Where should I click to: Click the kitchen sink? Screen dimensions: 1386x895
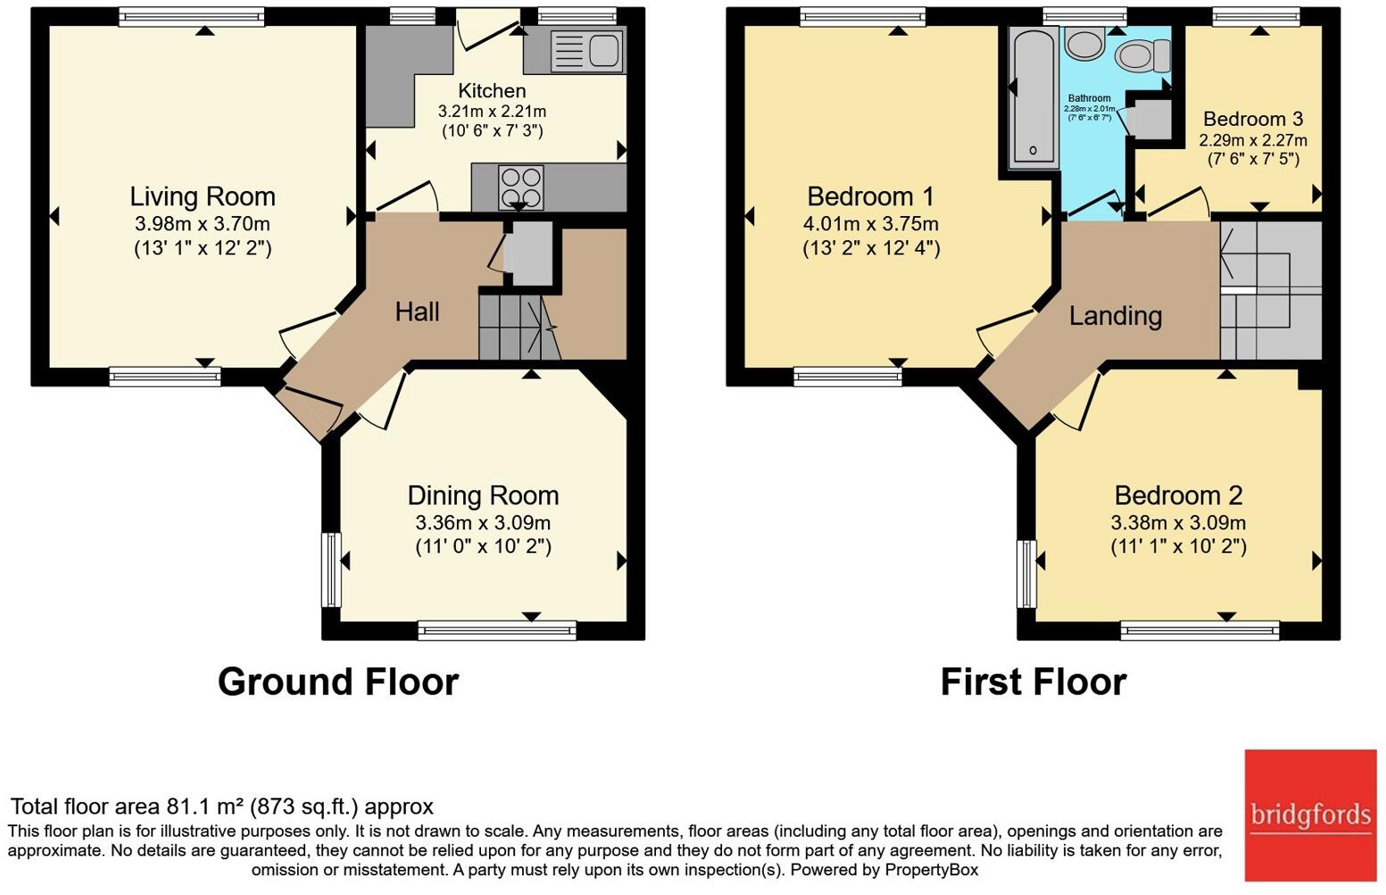click(586, 49)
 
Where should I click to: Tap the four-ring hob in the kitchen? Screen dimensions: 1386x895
click(521, 187)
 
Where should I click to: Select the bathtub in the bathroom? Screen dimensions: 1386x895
click(1033, 97)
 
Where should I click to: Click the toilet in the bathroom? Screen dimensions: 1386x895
click(1143, 55)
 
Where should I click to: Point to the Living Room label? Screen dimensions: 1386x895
click(203, 196)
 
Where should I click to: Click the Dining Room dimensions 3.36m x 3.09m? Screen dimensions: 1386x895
click(483, 523)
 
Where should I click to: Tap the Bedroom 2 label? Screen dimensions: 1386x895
click(1178, 495)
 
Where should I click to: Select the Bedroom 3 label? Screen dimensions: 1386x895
click(1253, 118)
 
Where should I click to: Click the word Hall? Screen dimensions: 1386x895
click(417, 311)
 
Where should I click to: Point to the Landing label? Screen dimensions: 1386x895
click(1116, 316)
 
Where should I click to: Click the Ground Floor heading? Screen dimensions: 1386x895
click(338, 682)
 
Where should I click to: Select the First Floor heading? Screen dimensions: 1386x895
click(1033, 682)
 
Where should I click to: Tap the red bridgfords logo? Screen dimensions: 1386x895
click(1310, 816)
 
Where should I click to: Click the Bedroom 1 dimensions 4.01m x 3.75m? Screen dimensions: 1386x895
click(870, 223)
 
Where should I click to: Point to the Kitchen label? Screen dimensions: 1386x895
click(492, 91)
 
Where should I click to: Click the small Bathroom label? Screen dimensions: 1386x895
click(1089, 98)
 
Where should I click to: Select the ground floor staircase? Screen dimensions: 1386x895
click(519, 327)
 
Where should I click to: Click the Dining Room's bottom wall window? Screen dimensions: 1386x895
click(497, 630)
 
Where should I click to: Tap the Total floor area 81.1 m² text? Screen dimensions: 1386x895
click(222, 807)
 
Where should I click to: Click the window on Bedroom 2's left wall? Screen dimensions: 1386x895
click(1026, 574)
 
